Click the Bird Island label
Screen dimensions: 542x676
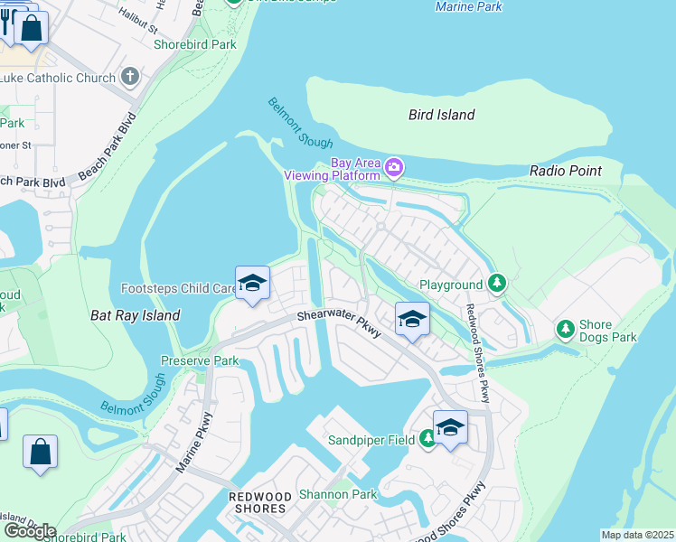click(441, 115)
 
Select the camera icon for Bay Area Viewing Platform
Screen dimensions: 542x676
click(393, 167)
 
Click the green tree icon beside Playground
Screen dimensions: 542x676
click(496, 284)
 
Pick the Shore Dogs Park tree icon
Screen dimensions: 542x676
click(566, 328)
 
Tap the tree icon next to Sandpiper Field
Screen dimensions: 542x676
click(428, 439)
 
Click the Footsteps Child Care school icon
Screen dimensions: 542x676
click(252, 285)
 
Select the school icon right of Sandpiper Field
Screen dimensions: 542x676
click(449, 427)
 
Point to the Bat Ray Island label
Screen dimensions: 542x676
click(136, 315)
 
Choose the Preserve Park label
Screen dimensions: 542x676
click(200, 360)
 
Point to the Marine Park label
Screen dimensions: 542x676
click(468, 6)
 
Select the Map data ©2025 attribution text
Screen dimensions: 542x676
click(638, 535)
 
